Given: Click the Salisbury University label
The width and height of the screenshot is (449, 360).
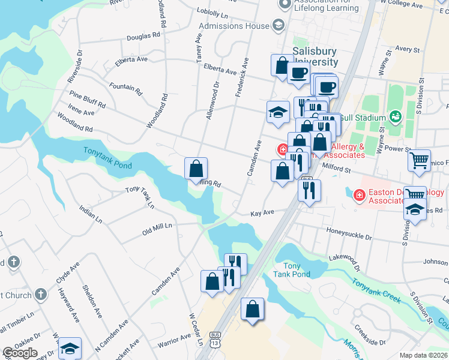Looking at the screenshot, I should [315, 56].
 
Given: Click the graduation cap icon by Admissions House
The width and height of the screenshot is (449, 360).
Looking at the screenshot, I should [277, 25].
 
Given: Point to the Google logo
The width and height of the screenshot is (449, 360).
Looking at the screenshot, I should [19, 353].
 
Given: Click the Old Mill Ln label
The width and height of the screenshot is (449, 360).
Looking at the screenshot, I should [157, 227].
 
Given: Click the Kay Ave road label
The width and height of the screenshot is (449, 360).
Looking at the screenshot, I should [262, 213].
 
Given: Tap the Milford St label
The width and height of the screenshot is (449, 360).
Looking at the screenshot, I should [337, 170].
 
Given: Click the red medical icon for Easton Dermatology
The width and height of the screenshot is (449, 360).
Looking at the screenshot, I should [359, 194].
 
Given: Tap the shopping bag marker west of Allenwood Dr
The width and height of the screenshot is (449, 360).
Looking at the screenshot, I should [196, 169].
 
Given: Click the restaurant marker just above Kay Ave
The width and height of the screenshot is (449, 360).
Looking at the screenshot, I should [309, 191].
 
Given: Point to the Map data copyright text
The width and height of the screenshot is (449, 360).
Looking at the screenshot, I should [424, 355].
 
